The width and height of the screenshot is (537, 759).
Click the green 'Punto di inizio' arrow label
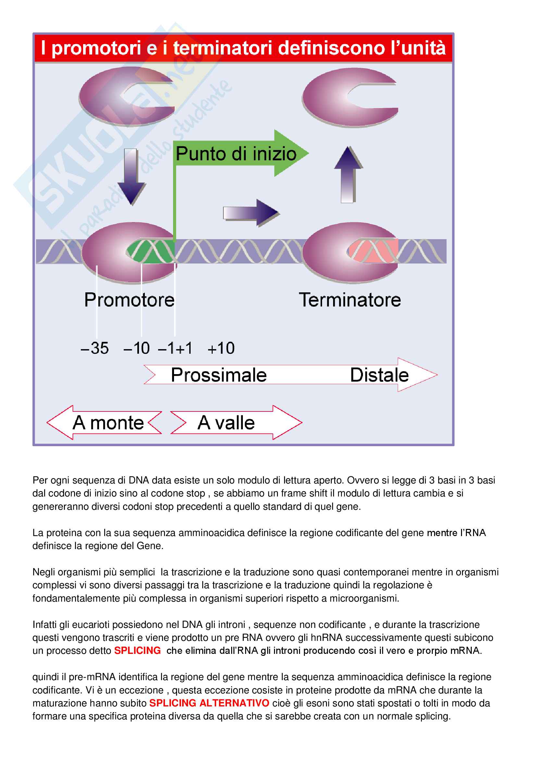[236, 154]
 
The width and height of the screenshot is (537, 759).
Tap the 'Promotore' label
[129, 300]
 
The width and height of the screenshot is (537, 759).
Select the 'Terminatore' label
[350, 300]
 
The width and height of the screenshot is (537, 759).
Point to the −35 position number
[94, 348]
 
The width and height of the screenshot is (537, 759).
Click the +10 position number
[221, 348]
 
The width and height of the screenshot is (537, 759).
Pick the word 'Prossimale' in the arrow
[219, 375]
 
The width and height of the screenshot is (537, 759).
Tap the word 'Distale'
[379, 375]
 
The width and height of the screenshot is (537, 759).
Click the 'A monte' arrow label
[108, 423]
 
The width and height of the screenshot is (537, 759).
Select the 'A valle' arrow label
[226, 423]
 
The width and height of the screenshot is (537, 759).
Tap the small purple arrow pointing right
[251, 213]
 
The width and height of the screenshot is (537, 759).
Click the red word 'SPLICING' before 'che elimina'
[137, 651]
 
